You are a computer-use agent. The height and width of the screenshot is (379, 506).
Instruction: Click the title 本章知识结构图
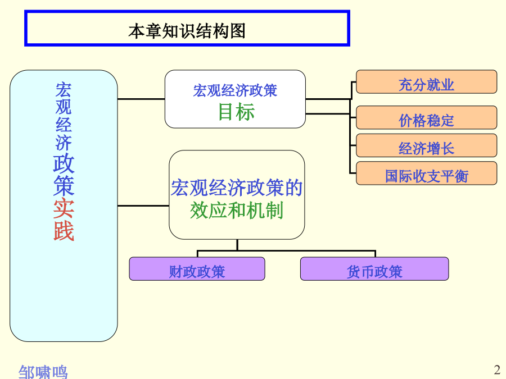coord(187,31)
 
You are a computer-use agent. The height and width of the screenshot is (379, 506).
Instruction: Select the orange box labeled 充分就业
coord(426,82)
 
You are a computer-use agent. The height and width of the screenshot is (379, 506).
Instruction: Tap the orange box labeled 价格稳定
coord(426,118)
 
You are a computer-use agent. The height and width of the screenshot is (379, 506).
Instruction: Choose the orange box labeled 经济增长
coord(426,145)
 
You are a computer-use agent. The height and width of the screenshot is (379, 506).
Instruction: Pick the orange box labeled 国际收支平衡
coord(426,173)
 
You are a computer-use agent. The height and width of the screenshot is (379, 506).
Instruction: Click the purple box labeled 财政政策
coord(197,269)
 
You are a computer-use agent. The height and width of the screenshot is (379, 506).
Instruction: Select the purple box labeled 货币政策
coord(374,269)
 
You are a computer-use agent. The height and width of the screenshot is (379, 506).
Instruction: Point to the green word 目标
coord(237,112)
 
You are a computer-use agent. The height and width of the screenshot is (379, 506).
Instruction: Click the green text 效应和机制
coord(237,211)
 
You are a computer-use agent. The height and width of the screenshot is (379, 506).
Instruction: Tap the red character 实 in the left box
coord(64,208)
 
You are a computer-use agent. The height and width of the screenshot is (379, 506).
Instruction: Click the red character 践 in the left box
coord(64,231)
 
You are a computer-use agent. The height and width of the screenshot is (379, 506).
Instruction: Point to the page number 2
coord(497,369)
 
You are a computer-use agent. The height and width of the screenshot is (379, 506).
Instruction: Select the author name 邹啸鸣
coord(43,372)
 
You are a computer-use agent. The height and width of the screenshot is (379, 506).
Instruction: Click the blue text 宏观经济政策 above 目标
coord(235,90)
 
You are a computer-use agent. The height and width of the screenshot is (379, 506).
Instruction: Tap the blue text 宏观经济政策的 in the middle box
coord(237,188)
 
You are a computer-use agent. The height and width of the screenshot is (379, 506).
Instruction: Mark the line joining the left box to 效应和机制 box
coord(143,206)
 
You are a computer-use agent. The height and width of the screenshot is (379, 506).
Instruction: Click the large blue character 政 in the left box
coord(64,163)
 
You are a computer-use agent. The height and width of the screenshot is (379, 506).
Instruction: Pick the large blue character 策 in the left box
coord(64,186)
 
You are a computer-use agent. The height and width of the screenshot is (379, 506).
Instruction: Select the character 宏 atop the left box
coord(63,90)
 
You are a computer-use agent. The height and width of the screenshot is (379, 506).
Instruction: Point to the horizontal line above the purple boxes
coord(287,251)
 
